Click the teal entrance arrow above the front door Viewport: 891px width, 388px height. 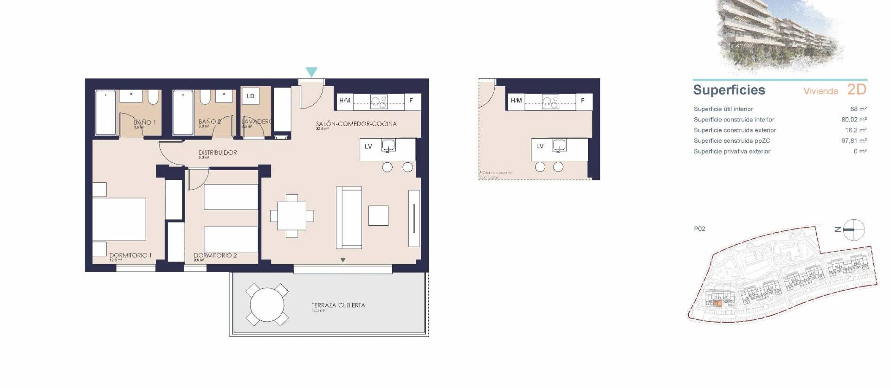coord(311,72)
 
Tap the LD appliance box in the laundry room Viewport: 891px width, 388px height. coord(251,96)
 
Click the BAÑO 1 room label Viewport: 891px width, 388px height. coord(144,122)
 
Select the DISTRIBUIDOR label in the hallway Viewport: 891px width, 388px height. coord(218,153)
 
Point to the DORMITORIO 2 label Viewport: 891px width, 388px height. coord(215,255)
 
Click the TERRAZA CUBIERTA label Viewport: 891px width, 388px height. coord(338,305)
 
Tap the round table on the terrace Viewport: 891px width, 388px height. coord(267,305)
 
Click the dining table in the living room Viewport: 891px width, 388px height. coord(292,216)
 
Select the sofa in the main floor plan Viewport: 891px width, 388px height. coord(349,217)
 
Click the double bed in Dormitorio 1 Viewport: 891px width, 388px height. coord(119,219)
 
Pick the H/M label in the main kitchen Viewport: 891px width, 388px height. coord(345,101)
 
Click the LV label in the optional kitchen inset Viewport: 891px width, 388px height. coord(540,146)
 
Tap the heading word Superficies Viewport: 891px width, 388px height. coord(729,90)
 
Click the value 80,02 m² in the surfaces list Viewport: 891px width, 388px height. coord(854,120)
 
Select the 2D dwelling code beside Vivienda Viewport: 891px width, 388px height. coord(857,89)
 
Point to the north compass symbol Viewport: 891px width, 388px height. coord(853,229)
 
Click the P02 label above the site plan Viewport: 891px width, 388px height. coord(699,229)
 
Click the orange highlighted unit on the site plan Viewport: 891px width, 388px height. coord(717,304)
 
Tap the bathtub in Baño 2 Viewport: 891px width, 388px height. coord(182,113)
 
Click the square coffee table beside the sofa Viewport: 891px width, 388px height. coord(378,216)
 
